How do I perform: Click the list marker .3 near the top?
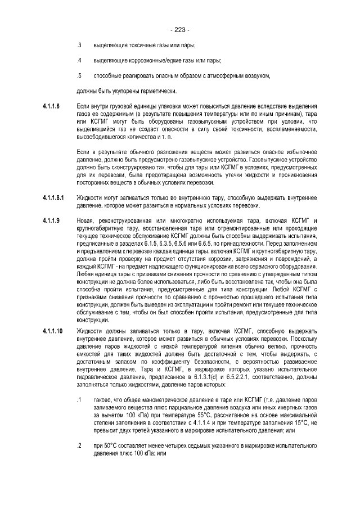tap(79, 44)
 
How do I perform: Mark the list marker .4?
tap(79, 60)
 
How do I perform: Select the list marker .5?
tap(79, 75)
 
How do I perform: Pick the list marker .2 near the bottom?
tap(79, 445)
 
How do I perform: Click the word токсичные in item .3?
tap(133, 44)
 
